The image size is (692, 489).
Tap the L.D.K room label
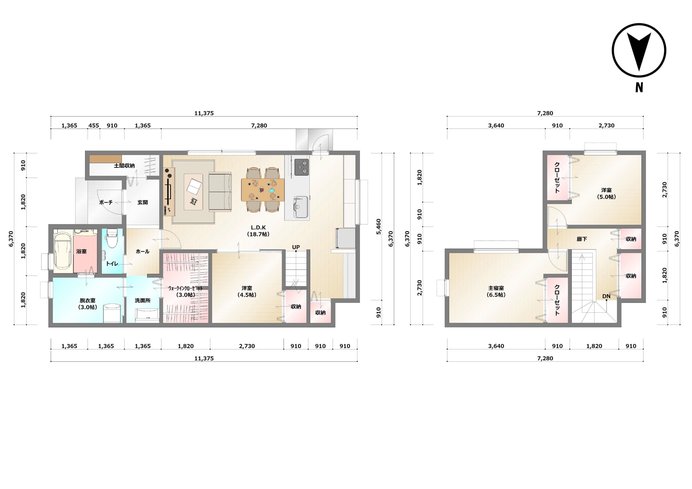pos(258,228)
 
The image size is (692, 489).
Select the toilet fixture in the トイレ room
pos(112,238)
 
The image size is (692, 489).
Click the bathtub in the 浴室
pos(63,251)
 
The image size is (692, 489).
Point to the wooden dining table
pos(263,190)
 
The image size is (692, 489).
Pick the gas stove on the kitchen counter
pos(302,167)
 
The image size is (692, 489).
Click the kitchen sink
pos(301,207)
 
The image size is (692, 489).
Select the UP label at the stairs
pos(296,247)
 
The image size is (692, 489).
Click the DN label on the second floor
pos(606,296)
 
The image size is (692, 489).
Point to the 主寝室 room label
pos(496,288)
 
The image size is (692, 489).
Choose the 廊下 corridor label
pos(582,239)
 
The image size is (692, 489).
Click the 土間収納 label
pos(124,165)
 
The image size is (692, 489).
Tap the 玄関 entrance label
pos(142,202)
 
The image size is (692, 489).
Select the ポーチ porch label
pos(106,202)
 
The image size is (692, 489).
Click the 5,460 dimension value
pos(378,227)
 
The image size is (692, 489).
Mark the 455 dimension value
pos(94,125)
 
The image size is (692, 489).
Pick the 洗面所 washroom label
pos(142,301)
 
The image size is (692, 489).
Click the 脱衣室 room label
pos(87,301)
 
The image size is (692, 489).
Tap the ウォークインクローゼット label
pos(185,288)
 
